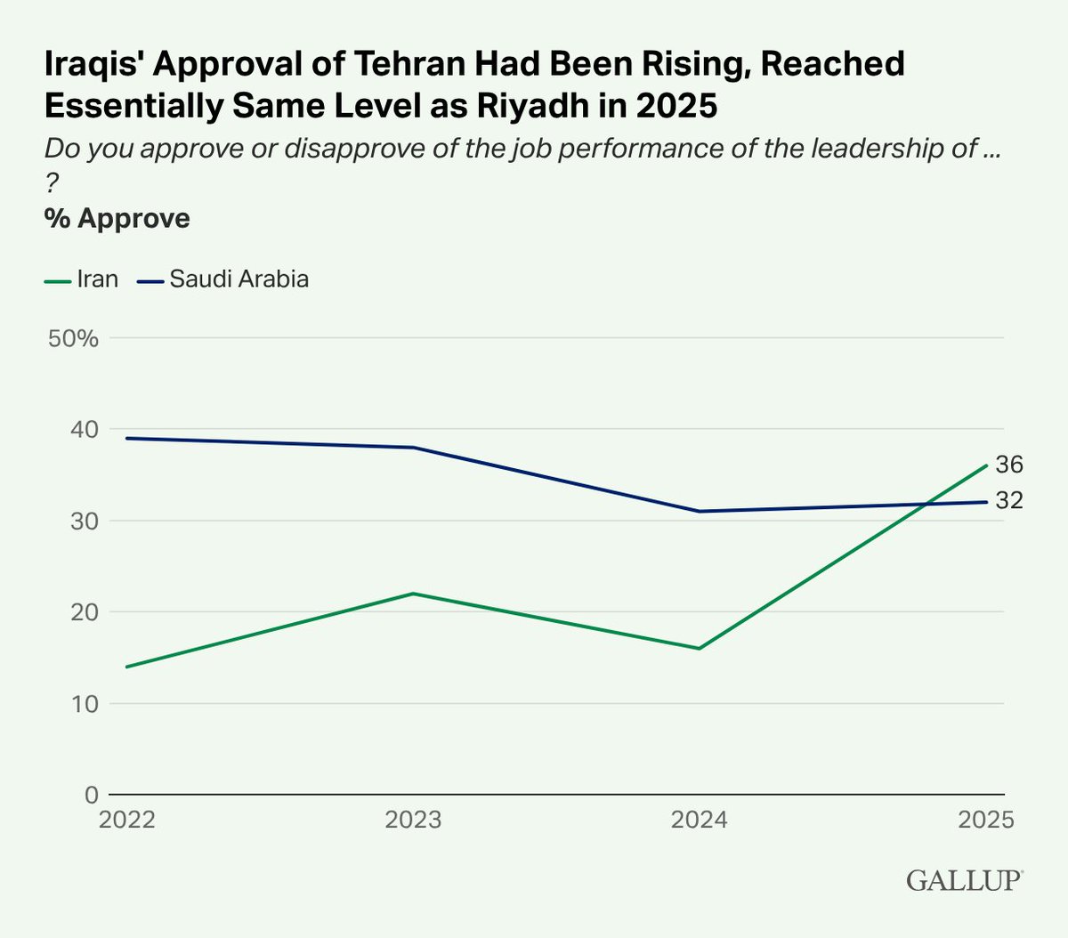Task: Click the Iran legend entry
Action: coord(82,279)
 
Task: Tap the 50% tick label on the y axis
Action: coord(73,338)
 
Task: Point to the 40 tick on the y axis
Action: coord(84,430)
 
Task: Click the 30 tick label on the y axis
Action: coord(84,521)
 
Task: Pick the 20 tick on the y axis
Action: coord(84,612)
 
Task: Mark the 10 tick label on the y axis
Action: coord(84,704)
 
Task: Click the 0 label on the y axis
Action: coord(91,795)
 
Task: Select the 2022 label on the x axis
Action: coord(127,820)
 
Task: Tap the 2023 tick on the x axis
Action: coord(413,820)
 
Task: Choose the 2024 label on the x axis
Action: coord(699,820)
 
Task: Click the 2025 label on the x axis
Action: coord(985,820)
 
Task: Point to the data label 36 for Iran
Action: coord(1009,465)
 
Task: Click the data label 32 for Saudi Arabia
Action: coord(1009,501)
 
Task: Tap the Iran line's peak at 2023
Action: coord(413,594)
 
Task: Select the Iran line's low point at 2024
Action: coord(699,649)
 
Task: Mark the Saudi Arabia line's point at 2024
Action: coord(699,511)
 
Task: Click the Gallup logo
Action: coord(965,881)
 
